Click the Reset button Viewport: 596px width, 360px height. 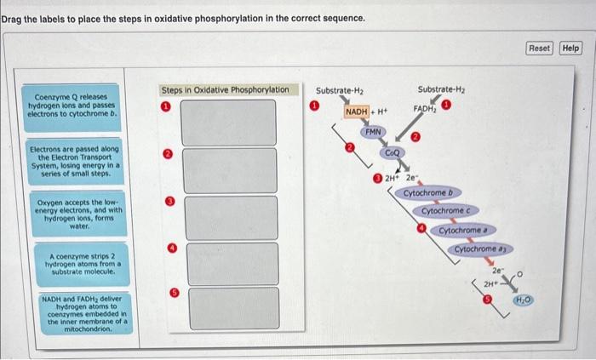point(540,49)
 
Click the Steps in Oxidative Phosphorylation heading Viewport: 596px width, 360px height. point(225,89)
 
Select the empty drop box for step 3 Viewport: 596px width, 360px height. point(232,215)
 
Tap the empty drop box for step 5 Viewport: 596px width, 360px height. point(232,307)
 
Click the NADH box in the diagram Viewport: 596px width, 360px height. point(356,112)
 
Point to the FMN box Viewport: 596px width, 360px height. point(374,133)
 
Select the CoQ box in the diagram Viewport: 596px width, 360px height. point(393,151)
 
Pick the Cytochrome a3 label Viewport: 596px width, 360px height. point(479,249)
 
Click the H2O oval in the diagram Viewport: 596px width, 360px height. point(521,300)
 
